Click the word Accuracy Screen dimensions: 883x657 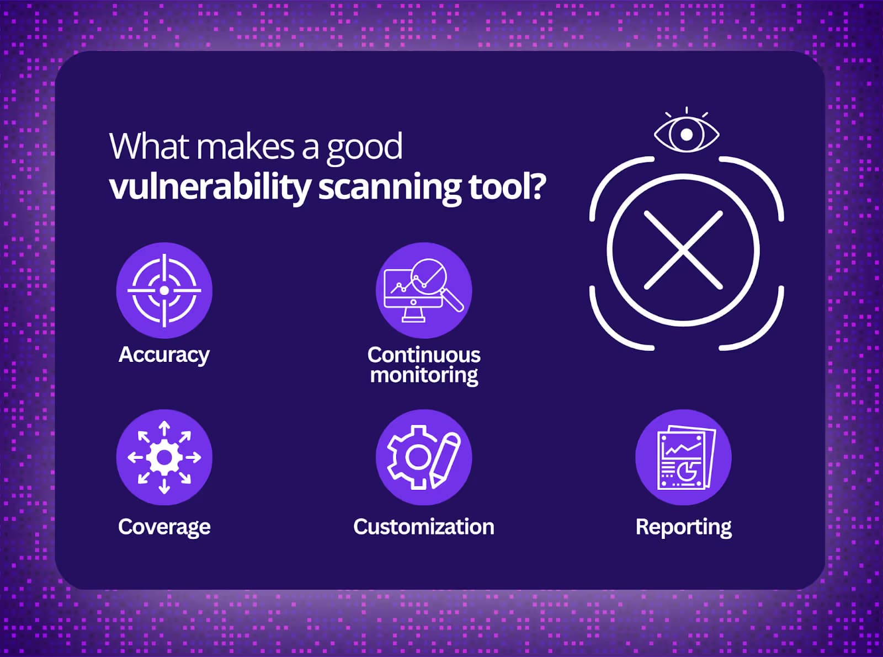tap(164, 355)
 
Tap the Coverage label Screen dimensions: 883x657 tap(164, 527)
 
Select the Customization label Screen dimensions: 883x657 tap(424, 526)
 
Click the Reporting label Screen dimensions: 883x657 tap(684, 527)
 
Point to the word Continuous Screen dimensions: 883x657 tap(424, 355)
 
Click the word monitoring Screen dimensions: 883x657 tap(424, 375)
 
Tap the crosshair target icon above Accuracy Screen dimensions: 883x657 tap(164, 291)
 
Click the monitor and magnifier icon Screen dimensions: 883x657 tap(424, 291)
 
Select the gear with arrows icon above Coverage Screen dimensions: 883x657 tap(164, 458)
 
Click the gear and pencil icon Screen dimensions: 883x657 tap(424, 458)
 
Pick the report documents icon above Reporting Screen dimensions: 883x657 tap(684, 458)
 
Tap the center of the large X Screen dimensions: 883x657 tap(683, 250)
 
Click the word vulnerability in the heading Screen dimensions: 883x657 tap(210, 188)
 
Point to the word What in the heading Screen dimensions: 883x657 tap(149, 146)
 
